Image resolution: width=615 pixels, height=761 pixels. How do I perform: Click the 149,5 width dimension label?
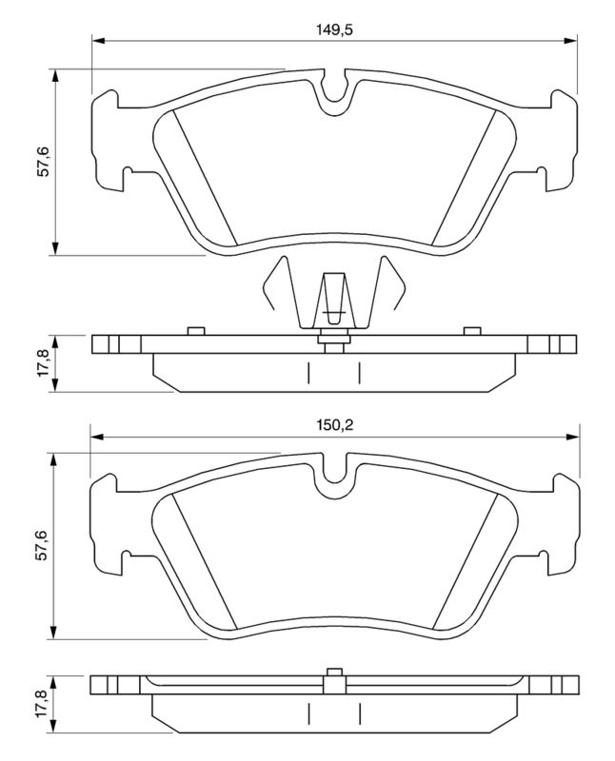(x=334, y=30)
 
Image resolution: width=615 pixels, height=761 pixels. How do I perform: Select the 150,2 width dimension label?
(x=335, y=426)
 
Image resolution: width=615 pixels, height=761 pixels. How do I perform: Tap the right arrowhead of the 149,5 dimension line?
(x=570, y=41)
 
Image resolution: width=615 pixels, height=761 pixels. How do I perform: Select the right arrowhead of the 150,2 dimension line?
(x=572, y=438)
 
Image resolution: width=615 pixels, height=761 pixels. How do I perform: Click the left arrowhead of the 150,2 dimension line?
(x=97, y=438)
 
